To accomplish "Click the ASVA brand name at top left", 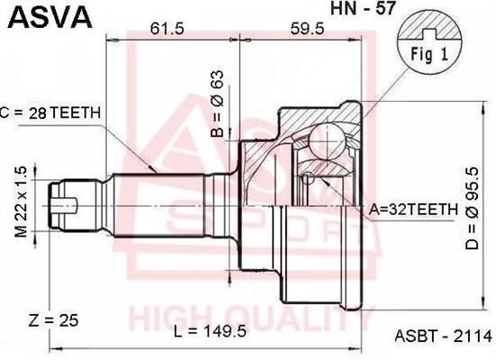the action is pos(50,17).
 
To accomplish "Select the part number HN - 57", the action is pos(363,8).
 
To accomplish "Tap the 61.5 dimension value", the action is pos(167,29).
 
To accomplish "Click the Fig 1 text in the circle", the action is pos(429,54).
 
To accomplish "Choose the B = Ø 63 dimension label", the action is pos(217,103).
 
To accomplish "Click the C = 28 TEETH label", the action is pos(50,112).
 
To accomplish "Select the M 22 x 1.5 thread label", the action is pos(22,202).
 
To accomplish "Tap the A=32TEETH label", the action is pos(414,209).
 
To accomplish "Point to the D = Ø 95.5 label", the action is pos(473,208).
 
